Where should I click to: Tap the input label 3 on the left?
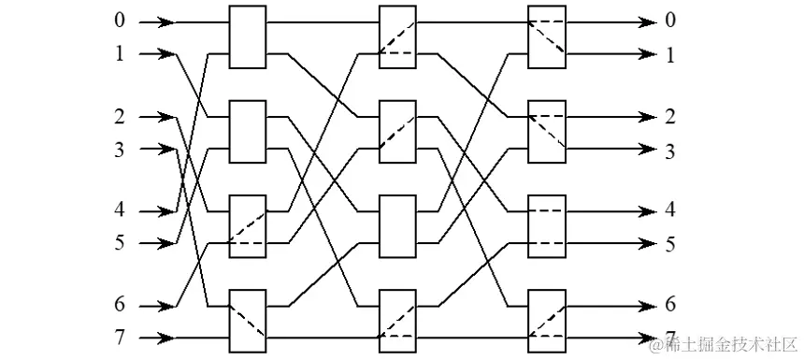click(x=119, y=148)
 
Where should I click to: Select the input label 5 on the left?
click(x=119, y=243)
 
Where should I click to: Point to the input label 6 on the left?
click(x=119, y=306)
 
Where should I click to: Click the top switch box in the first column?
click(x=248, y=37)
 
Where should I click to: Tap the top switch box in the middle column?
click(x=397, y=37)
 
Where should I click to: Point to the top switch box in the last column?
click(x=547, y=37)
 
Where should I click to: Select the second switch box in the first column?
click(x=248, y=132)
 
